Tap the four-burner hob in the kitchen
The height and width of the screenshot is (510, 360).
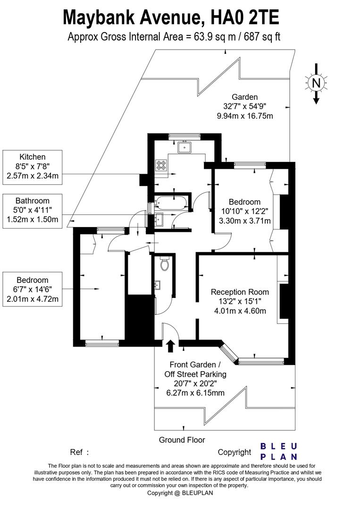pos(161,164)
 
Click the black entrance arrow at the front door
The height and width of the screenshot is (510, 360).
pos(170,346)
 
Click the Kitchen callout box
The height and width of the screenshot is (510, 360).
pos(33,167)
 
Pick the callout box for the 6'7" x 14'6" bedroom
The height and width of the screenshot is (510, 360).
pos(33,289)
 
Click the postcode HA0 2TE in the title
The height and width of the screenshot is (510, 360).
pos(245,18)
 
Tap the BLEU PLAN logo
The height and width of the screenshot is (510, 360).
pos(279,451)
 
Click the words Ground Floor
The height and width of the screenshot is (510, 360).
pos(182,440)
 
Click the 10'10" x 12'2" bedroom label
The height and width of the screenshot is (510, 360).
pos(245,212)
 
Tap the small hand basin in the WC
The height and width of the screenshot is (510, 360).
pos(158,285)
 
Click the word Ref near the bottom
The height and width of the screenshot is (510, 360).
pos(76,452)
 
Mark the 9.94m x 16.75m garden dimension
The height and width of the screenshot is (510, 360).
pos(245,116)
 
